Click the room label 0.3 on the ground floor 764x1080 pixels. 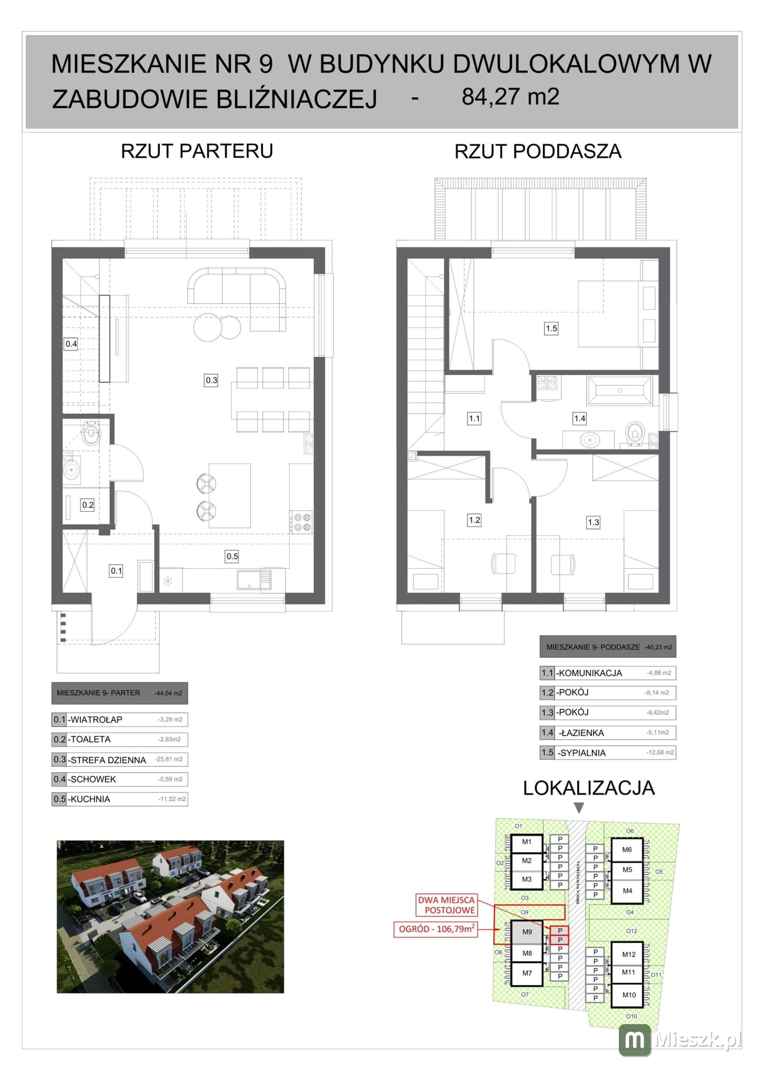tap(211, 380)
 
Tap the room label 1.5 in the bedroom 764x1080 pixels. tap(551, 328)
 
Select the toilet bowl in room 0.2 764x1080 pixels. tap(90, 433)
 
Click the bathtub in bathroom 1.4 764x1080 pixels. tap(619, 390)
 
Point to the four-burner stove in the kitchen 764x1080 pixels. tap(301, 521)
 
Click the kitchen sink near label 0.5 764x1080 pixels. tap(254, 580)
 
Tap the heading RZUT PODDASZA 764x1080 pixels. tap(538, 151)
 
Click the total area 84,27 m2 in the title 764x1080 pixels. tap(510, 96)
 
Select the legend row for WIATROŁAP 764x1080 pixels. tap(119, 720)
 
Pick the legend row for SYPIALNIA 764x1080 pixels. tap(608, 752)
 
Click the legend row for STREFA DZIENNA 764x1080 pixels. tap(119, 759)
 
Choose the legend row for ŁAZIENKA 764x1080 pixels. tap(608, 732)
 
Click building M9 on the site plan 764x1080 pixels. tap(527, 932)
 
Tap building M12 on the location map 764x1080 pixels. tap(628, 954)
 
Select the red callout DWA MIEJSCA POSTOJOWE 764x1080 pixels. tap(446, 905)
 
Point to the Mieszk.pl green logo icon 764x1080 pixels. tap(635, 1040)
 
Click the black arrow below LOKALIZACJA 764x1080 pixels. tap(579, 807)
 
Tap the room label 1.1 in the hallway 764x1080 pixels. tap(474, 418)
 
